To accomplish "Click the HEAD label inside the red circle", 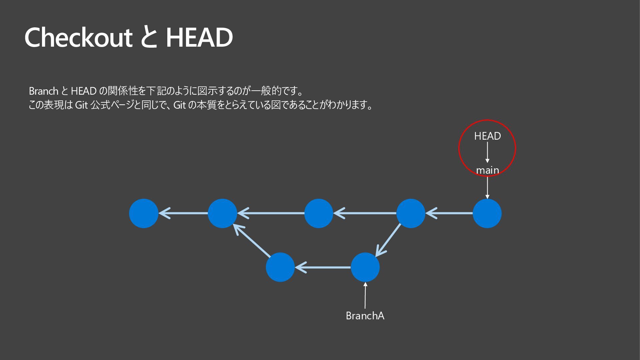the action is [x=487, y=136].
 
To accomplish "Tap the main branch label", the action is [x=487, y=170].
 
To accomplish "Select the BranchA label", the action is [x=365, y=316].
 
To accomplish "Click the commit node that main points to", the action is [x=487, y=213].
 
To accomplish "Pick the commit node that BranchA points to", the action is [x=365, y=267].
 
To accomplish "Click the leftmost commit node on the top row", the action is [x=144, y=213].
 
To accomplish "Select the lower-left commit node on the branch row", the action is [x=280, y=267].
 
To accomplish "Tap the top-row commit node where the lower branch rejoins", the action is [x=222, y=213].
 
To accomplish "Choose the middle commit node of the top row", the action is [x=319, y=213].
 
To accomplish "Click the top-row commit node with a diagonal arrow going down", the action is [x=411, y=213].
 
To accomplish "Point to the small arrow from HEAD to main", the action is [x=487, y=153].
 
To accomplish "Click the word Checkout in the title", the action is [x=78, y=37].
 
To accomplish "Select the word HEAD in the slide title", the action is [x=199, y=37].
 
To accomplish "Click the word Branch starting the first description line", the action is [x=44, y=91].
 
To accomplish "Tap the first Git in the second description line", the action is [x=81, y=105].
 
